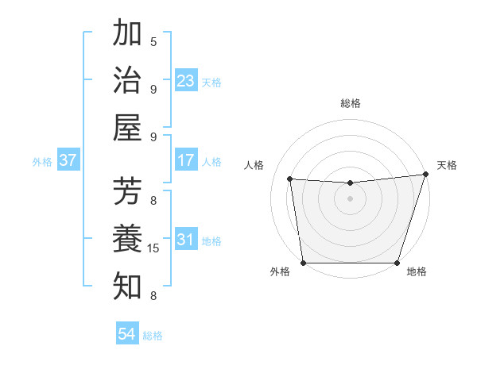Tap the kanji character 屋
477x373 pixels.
(128, 127)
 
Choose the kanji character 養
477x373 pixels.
(128, 238)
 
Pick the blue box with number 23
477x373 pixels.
(186, 80)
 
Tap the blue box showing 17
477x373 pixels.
(186, 160)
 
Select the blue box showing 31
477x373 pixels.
(186, 240)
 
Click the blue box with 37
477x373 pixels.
(68, 160)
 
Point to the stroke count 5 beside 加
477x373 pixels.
(153, 41)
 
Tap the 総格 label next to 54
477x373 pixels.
(153, 336)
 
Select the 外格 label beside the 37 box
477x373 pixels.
(42, 162)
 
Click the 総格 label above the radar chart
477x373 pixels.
(350, 103)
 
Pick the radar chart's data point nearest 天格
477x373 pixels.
(425, 175)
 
